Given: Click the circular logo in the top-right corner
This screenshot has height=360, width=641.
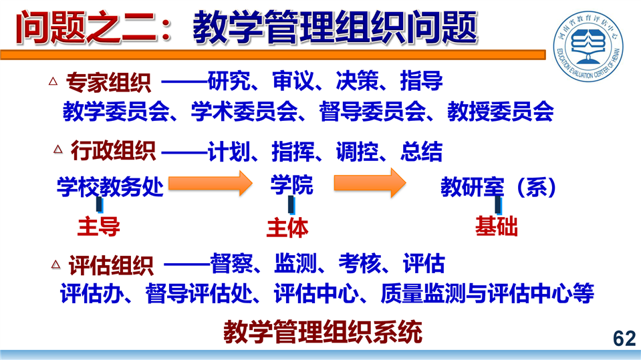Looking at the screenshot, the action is point(588,46).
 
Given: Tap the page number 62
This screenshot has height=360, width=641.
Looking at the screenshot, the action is point(624,339).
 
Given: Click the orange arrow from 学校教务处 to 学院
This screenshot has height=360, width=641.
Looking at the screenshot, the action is point(211,183).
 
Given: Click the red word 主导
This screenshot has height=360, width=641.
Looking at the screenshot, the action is point(98,226).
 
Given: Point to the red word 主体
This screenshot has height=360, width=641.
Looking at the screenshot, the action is point(287,228).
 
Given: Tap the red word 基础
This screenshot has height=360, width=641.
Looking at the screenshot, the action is point(496,226).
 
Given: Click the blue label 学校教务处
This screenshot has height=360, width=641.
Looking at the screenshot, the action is point(110,187).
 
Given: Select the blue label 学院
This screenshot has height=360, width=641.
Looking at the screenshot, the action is point(292,185).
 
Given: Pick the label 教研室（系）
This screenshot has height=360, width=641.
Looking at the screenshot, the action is point(499,187).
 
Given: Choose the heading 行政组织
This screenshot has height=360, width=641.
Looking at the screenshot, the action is point(113,151).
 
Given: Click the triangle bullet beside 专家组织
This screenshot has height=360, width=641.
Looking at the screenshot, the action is point(53,81).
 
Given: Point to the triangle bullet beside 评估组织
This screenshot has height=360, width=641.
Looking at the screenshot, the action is point(55,264).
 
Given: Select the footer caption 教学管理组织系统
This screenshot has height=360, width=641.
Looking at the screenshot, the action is point(323,332).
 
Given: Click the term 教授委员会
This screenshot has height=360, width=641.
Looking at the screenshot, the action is point(501,112).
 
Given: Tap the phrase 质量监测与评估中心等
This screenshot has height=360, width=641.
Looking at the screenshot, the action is point(487,293).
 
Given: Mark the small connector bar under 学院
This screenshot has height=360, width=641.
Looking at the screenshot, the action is point(291,205).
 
